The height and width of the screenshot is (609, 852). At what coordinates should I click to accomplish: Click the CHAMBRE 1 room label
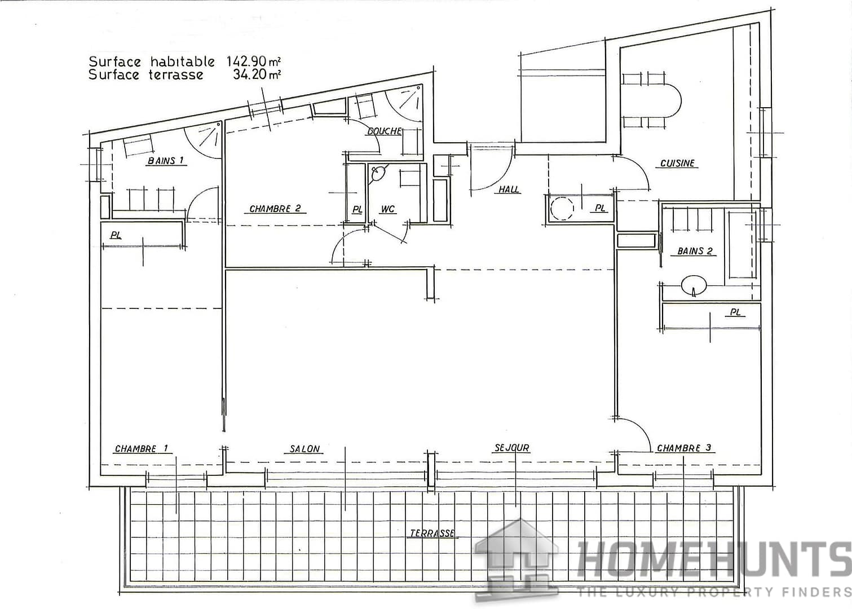[x=142, y=449]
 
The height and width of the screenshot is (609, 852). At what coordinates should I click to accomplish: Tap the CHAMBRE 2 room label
[x=277, y=209]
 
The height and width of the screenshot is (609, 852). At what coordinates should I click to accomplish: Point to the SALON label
[x=305, y=449]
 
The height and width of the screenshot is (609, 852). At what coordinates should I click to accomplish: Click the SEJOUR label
[x=512, y=448]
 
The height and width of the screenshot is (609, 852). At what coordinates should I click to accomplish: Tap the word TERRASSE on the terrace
[x=432, y=533]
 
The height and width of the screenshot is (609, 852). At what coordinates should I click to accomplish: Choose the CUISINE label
[x=678, y=164]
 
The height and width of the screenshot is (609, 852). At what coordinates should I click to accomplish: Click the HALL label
[x=509, y=190]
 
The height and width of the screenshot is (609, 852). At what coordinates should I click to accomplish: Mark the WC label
[x=388, y=210]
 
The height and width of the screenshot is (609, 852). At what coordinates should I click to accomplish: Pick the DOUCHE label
[x=385, y=131]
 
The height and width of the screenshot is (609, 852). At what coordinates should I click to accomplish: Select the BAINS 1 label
[x=166, y=161]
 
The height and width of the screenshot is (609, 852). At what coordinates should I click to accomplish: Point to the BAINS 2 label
[x=691, y=251]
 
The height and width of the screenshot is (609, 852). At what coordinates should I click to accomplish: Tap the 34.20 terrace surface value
[x=250, y=74]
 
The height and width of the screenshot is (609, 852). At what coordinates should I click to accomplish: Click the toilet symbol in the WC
[x=378, y=173]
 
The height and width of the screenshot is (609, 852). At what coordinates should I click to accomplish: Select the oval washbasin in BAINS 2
[x=694, y=285]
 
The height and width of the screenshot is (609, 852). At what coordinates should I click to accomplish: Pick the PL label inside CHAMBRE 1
[x=116, y=235]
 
